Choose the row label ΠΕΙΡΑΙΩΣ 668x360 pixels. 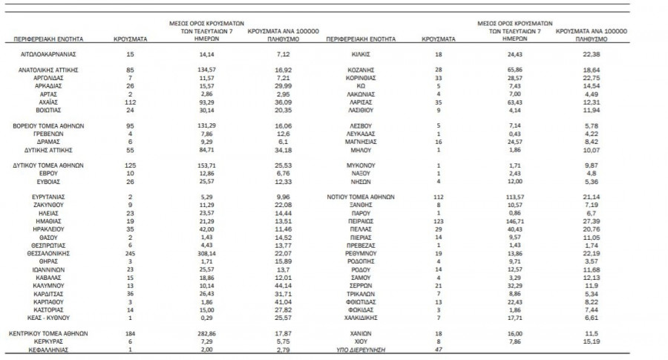361,221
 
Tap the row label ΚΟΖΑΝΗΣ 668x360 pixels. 361,68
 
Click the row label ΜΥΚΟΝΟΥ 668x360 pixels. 361,164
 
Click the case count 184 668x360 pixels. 130,335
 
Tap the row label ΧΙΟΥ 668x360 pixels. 361,342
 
